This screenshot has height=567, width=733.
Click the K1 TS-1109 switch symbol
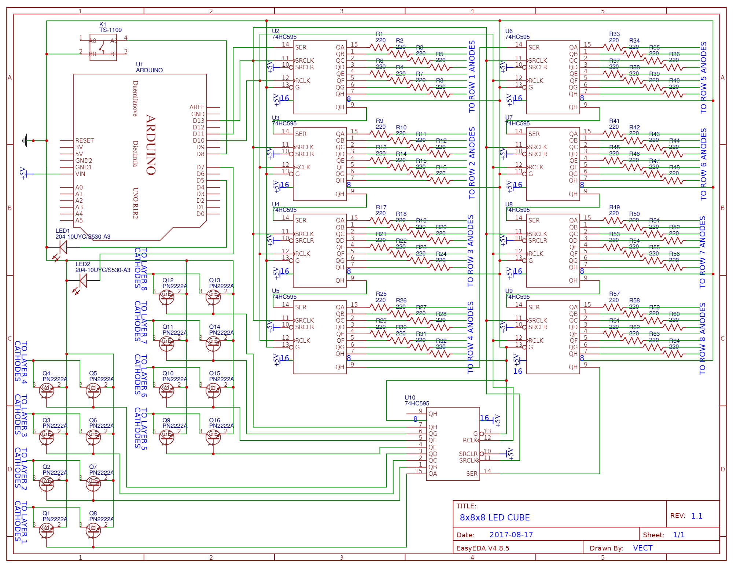tap(103, 47)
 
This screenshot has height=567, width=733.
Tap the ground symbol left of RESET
tap(25, 140)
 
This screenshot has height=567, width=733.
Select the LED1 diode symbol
tap(63, 247)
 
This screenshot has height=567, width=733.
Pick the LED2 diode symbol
tap(83, 281)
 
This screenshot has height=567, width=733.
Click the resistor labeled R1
tap(380, 47)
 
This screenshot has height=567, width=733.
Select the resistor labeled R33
tap(613, 47)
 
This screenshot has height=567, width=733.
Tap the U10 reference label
tap(410, 397)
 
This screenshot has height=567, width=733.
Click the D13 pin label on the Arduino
tap(198, 121)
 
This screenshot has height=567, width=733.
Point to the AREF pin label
tap(197, 107)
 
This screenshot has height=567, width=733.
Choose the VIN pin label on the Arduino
tap(80, 174)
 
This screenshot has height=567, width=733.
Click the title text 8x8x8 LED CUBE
tap(494, 518)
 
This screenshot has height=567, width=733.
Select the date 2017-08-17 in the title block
tap(511, 535)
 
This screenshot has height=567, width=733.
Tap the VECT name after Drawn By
tap(642, 548)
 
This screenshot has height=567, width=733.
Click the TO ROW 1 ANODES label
tap(472, 76)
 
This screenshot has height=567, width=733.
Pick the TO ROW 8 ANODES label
tap(702, 339)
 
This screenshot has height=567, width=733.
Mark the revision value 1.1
tap(696, 516)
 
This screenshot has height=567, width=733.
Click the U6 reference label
tap(509, 31)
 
